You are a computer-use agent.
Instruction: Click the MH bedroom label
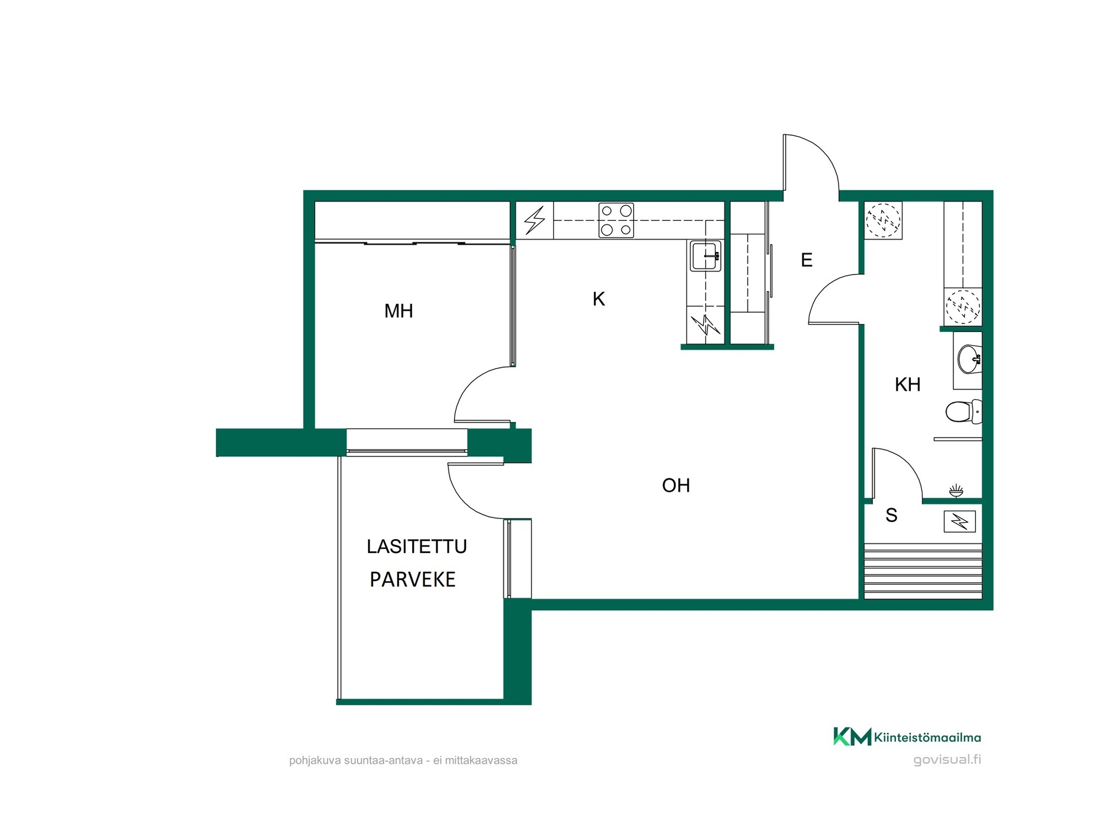tap(398, 311)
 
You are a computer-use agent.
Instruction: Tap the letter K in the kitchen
tap(599, 299)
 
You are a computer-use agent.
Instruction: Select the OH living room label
tap(676, 486)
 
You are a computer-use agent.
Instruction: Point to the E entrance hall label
tap(806, 260)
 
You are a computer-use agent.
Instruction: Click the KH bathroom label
tap(907, 385)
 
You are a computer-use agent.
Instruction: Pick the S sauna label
tap(891, 516)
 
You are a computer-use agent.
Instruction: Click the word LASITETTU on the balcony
tap(417, 547)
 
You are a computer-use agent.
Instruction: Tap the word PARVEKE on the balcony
tap(413, 580)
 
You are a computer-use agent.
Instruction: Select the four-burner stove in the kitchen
tap(616, 220)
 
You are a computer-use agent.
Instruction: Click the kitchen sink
tap(705, 256)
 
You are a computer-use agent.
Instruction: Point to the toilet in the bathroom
tap(963, 412)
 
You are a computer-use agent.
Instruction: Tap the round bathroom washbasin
tap(969, 360)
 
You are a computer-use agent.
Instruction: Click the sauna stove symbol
tap(960, 521)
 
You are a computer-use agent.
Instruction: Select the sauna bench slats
tap(923, 571)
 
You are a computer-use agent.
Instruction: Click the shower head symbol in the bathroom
tap(956, 491)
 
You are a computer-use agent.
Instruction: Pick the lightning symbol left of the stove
tap(534, 220)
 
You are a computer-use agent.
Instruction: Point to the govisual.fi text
tap(947, 760)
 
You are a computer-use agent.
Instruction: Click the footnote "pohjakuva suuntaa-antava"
tap(356, 761)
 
